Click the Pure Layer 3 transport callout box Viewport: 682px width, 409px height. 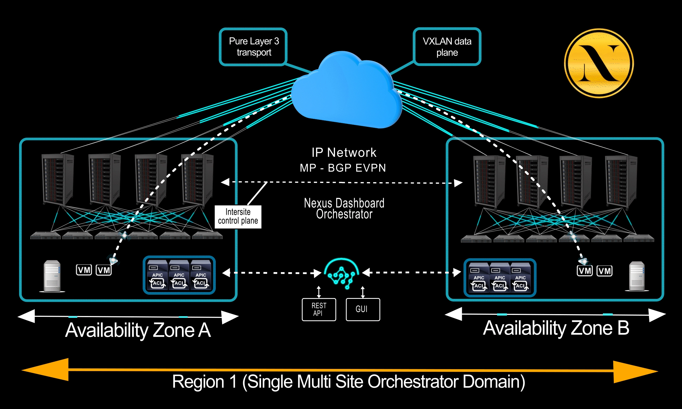[253, 47]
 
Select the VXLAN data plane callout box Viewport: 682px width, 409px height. [447, 47]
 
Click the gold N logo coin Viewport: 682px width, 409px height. [599, 63]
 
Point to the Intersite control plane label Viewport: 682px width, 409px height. [238, 216]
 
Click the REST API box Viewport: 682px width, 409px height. [319, 309]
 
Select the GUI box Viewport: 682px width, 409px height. [363, 309]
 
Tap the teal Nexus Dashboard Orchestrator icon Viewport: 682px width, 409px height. [342, 274]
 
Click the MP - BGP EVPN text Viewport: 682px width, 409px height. [343, 168]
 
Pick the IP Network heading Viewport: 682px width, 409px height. [344, 152]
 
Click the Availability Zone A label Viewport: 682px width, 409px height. [138, 330]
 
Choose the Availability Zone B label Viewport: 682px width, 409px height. [556, 328]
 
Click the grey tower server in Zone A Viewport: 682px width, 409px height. [52, 276]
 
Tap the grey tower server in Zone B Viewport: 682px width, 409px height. [637, 276]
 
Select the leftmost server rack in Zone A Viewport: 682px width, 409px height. [58, 179]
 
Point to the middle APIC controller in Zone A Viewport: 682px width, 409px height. [179, 275]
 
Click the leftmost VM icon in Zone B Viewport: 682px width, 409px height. [584, 271]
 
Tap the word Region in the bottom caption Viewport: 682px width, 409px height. [198, 382]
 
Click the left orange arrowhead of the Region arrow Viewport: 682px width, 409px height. [47, 370]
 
